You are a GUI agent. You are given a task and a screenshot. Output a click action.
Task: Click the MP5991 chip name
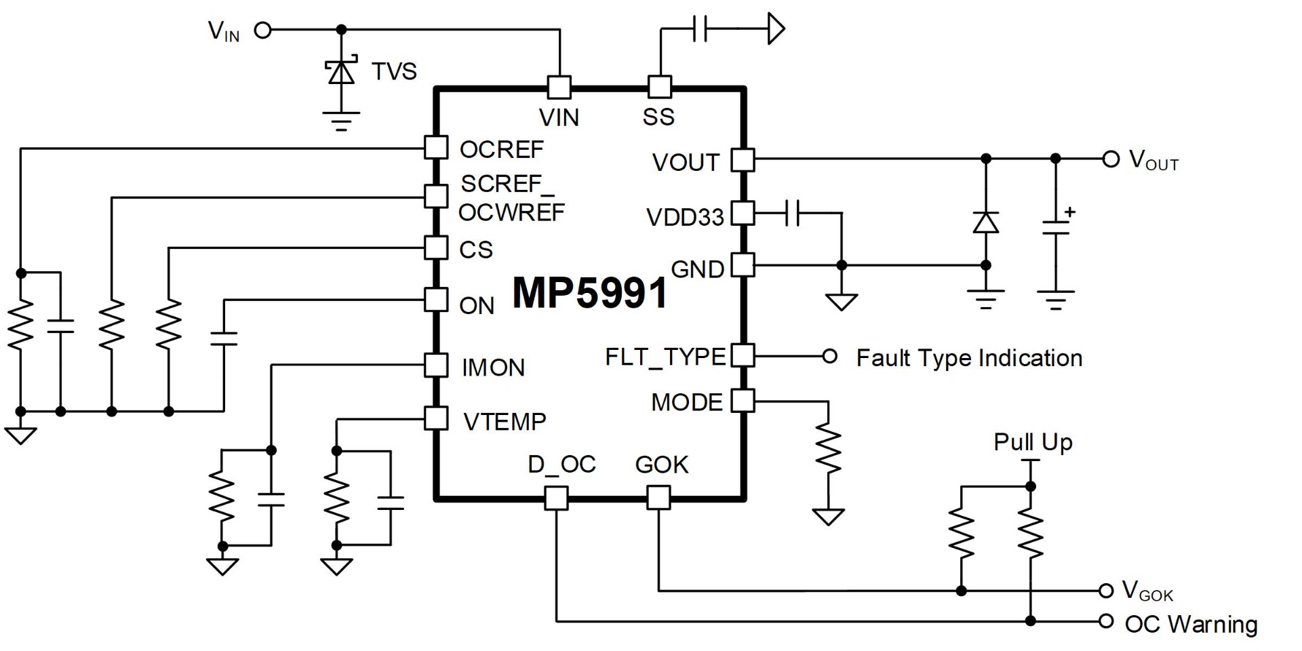(589, 293)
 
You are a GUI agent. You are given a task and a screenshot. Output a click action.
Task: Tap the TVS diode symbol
(341, 71)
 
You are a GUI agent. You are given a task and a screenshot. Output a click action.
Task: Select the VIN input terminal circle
(262, 30)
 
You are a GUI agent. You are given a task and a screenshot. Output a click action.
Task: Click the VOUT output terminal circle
(1110, 159)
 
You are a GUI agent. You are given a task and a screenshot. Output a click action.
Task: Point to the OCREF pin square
(436, 148)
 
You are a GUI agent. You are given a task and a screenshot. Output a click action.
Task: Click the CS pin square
(436, 248)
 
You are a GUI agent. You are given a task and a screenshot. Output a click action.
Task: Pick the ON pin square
(436, 300)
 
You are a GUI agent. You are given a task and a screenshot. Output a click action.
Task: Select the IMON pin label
(493, 368)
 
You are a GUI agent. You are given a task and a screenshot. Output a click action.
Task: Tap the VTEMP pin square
(436, 418)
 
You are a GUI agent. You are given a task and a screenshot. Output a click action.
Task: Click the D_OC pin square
(556, 498)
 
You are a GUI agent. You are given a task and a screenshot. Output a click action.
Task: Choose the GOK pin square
(658, 498)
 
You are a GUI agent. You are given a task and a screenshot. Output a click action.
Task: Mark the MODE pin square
(743, 401)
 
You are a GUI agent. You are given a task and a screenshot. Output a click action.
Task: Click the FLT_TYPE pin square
(743, 355)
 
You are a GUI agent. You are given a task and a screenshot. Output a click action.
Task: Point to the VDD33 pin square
(743, 213)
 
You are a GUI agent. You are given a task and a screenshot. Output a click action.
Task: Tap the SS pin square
(660, 87)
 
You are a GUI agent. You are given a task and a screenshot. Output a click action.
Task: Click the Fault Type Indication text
(969, 358)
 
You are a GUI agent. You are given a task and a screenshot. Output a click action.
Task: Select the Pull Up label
(1033, 442)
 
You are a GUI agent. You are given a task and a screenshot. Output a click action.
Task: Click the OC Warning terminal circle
(1106, 621)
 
